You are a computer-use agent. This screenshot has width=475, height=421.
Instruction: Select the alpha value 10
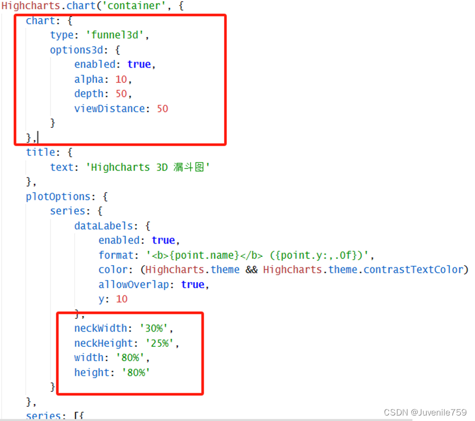(x=121, y=79)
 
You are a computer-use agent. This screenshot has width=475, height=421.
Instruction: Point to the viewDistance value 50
(x=163, y=109)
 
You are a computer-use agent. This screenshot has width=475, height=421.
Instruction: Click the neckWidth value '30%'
(x=156, y=329)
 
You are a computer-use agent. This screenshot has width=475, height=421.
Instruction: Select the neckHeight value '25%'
(x=162, y=343)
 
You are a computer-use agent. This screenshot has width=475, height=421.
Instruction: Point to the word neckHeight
(x=104, y=343)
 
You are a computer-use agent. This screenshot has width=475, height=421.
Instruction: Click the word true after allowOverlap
(x=192, y=284)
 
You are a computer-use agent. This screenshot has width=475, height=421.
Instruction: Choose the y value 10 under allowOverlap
(x=121, y=299)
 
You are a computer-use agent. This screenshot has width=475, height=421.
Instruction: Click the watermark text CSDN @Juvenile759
(x=425, y=412)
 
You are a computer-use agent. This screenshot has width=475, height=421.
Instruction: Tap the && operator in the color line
(x=251, y=270)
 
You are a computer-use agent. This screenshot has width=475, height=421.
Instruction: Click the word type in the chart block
(x=62, y=35)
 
